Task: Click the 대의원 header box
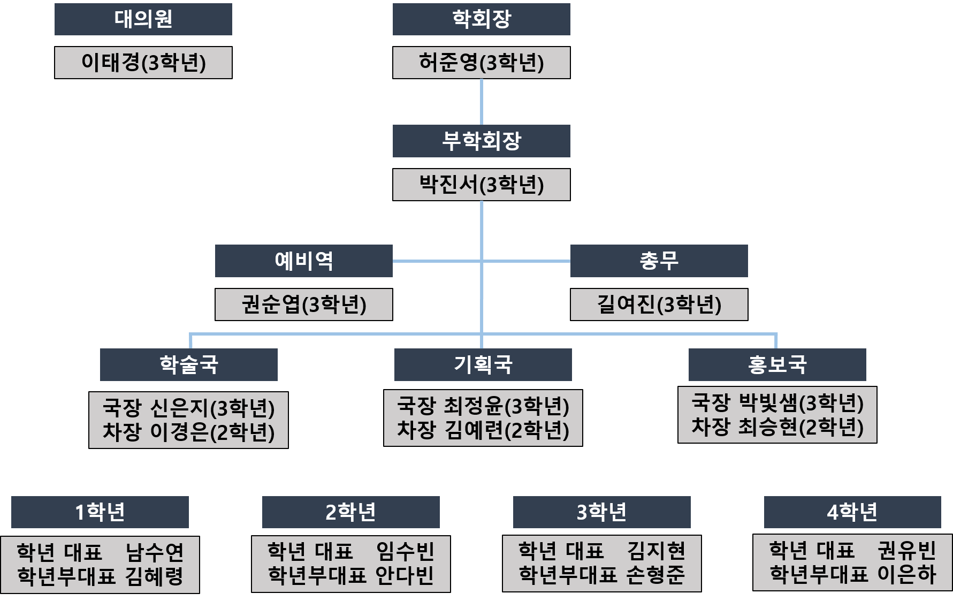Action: click(143, 19)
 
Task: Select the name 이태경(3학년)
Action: click(143, 63)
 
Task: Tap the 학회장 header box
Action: click(482, 19)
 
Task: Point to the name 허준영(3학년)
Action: click(482, 63)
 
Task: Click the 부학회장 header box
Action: click(482, 141)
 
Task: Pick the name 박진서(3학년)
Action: click(482, 185)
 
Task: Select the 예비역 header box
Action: click(304, 261)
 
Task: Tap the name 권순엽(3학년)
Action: click(304, 305)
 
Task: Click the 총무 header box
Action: click(659, 261)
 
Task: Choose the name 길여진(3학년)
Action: click(659, 305)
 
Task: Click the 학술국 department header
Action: click(189, 365)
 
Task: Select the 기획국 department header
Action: click(483, 365)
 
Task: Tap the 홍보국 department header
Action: click(777, 365)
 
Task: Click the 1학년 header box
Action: click(100, 512)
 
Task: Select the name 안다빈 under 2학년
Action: click(405, 575)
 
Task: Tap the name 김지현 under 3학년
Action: click(656, 551)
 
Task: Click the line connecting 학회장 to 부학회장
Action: click(482, 102)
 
